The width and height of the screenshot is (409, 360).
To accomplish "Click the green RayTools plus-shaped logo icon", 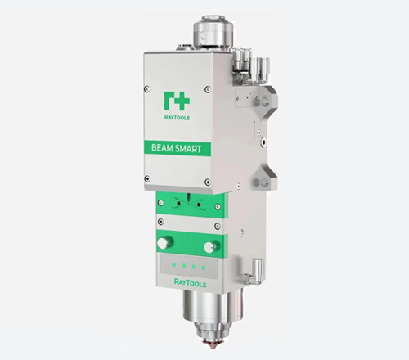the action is tap(177, 101).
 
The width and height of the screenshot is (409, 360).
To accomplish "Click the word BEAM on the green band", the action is tap(162, 148).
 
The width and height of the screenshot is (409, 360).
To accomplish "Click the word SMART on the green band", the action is tap(188, 149).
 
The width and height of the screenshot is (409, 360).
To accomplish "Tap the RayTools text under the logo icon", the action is tap(177, 117).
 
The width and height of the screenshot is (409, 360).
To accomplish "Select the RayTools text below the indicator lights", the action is tap(190, 283).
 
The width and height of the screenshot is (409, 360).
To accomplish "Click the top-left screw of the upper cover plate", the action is tap(147, 89).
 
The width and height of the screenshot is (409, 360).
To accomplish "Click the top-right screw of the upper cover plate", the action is tap(208, 89).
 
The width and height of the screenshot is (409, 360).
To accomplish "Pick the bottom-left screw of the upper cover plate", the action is tap(147, 179).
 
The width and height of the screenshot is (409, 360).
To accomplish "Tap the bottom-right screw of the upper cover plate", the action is tap(208, 182).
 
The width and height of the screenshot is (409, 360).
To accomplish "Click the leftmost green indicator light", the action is tap(173, 264).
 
